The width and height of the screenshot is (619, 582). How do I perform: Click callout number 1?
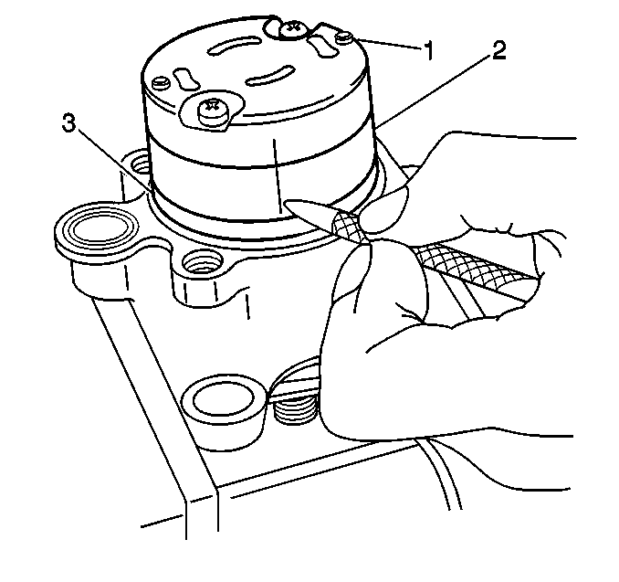coord(429,50)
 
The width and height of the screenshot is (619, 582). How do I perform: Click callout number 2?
coord(498,50)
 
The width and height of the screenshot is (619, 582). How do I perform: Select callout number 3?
coord(68,122)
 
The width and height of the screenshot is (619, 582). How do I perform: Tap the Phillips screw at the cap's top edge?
coord(292,29)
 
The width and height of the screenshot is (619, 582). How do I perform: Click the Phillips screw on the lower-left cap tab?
coord(213,110)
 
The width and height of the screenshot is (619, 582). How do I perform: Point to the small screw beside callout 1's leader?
coord(344,38)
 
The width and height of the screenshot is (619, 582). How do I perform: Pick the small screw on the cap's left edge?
coord(162,82)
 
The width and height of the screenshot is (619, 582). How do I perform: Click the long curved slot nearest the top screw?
coord(234,47)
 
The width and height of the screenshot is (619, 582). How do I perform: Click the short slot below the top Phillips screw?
coord(322,46)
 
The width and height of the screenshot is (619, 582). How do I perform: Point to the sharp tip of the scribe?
coord(283,203)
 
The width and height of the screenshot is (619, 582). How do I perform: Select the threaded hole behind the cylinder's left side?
coord(140,164)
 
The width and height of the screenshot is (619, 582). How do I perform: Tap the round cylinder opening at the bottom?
coord(223,398)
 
